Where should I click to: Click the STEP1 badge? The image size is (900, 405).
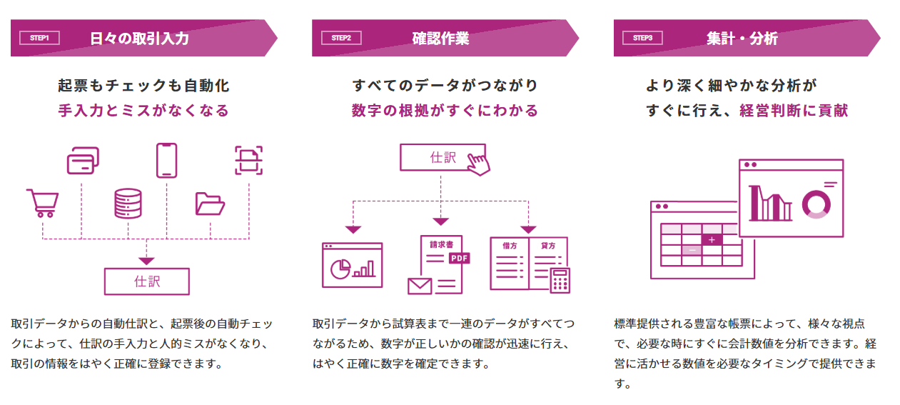(x=39, y=38)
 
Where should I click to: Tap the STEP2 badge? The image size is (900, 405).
(x=341, y=38)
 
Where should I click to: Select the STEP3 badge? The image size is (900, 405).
(x=642, y=38)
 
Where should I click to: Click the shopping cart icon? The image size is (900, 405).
(x=43, y=203)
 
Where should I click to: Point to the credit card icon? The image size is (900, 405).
(x=83, y=161)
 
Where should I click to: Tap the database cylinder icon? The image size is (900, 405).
(x=128, y=204)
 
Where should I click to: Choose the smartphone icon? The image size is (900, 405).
(x=167, y=160)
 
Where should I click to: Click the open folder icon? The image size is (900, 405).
(x=210, y=204)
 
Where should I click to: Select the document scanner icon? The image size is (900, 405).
(x=248, y=161)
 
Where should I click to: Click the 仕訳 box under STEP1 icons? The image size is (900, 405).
(x=146, y=281)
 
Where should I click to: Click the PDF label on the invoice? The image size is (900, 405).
(x=459, y=258)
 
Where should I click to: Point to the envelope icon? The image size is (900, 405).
(x=420, y=286)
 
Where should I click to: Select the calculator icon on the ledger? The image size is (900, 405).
(x=560, y=281)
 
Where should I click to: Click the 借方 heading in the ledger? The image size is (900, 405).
(x=510, y=246)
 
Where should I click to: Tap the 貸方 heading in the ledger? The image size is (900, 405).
(x=548, y=246)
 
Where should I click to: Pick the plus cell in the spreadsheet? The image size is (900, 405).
(x=712, y=240)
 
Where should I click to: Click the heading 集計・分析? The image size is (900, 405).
(x=742, y=39)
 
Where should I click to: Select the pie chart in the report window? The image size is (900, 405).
(x=340, y=269)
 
